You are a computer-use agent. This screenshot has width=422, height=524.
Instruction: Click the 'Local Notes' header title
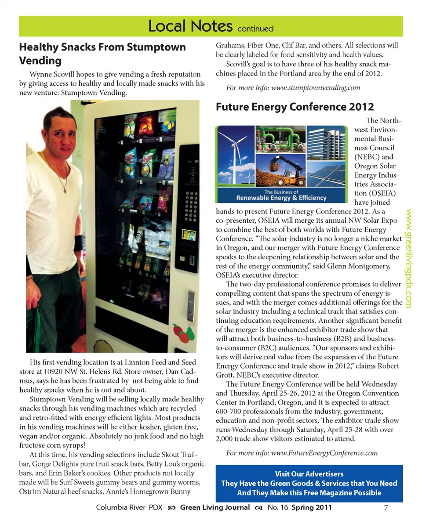pyautogui.click(x=190, y=26)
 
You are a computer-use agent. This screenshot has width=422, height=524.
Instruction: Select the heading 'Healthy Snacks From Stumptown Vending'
pyautogui.click(x=102, y=53)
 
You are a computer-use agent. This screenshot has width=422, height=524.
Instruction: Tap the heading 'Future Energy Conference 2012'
pyautogui.click(x=295, y=107)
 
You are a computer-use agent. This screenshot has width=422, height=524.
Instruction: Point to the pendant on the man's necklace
pyautogui.click(x=65, y=191)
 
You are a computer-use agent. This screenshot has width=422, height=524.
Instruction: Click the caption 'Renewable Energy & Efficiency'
pyautogui.click(x=281, y=198)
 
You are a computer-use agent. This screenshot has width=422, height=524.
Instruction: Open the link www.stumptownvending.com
pyautogui.click(x=316, y=88)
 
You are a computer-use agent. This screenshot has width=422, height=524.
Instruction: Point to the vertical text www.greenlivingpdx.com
pyautogui.click(x=409, y=258)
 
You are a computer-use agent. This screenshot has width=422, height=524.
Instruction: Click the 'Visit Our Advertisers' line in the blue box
pyautogui.click(x=309, y=474)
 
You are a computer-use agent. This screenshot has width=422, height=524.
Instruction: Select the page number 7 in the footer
pyautogui.click(x=386, y=508)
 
